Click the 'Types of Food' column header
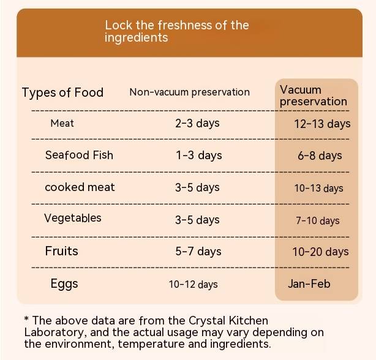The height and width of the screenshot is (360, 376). click(x=62, y=92)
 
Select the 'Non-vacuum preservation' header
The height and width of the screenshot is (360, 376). click(x=189, y=92)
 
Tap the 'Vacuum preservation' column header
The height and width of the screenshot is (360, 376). click(x=313, y=96)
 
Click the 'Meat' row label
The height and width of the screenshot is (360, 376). click(x=62, y=123)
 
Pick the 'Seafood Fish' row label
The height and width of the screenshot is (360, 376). click(x=79, y=155)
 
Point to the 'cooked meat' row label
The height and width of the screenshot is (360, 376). click(x=80, y=187)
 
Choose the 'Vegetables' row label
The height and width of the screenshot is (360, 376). click(x=73, y=218)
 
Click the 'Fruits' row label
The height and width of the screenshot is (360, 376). click(x=61, y=251)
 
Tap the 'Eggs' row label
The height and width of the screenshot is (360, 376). click(x=64, y=284)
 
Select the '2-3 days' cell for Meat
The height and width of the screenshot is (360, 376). click(x=197, y=123)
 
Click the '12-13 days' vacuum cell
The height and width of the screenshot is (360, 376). click(x=322, y=124)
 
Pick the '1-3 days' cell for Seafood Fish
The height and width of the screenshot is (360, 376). click(x=198, y=156)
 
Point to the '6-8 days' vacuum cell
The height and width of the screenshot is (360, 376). click(x=320, y=156)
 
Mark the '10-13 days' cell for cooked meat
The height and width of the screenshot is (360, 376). click(x=318, y=188)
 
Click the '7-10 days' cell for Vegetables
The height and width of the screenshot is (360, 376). click(x=317, y=220)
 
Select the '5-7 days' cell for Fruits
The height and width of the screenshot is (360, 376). click(x=198, y=251)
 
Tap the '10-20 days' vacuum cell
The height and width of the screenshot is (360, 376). click(x=320, y=252)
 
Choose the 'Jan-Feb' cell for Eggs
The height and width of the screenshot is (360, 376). click(x=309, y=283)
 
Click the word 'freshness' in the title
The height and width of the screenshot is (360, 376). click(x=183, y=25)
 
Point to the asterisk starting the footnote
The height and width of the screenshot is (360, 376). click(x=26, y=320)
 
